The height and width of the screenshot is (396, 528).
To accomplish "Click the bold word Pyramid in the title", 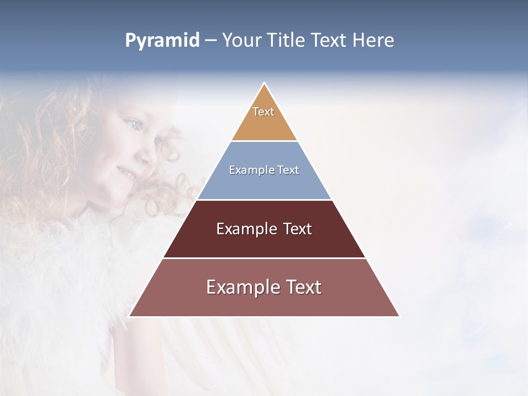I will [162, 40].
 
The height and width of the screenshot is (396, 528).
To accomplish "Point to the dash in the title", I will [210, 41].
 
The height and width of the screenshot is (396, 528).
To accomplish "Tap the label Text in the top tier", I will [263, 112].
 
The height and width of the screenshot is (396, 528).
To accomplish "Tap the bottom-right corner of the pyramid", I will [399, 316].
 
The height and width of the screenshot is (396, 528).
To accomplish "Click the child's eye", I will [133, 123].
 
